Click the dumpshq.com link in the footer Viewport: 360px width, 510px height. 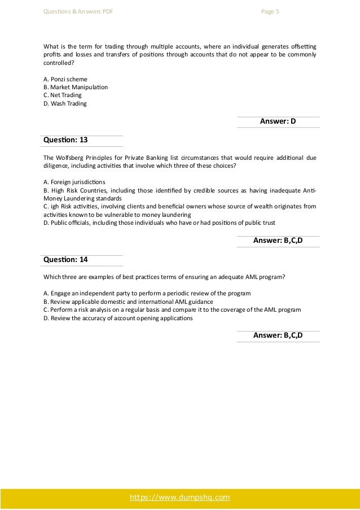click(180, 497)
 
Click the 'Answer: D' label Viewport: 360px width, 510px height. click(278, 121)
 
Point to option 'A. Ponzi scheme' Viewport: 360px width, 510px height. click(65, 79)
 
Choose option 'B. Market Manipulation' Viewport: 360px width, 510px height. click(76, 88)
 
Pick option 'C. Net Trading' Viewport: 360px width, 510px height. click(63, 95)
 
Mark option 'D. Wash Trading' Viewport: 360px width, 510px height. click(65, 104)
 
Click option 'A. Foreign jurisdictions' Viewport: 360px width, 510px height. click(74, 182)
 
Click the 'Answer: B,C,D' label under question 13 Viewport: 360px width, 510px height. click(278, 241)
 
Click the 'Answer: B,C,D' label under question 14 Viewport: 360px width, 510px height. click(278, 335)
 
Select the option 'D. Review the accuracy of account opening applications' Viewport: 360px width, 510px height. click(117, 318)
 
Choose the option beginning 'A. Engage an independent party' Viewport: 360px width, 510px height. click(147, 294)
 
